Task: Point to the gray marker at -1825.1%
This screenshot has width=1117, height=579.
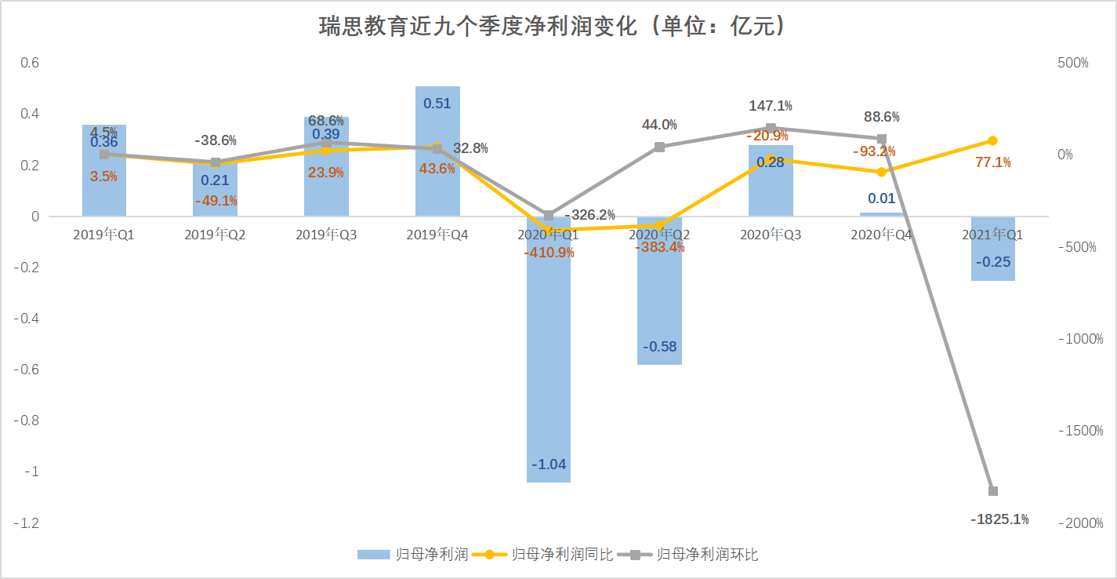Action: coord(992,491)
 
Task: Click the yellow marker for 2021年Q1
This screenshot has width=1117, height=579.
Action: coord(992,140)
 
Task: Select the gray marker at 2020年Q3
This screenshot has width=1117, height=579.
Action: coord(771,128)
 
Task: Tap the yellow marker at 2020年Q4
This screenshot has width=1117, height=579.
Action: coord(882,172)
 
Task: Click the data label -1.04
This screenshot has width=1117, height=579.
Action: coord(548,464)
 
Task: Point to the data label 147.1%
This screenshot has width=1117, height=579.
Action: coord(770,105)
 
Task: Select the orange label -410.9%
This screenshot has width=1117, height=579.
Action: coord(548,253)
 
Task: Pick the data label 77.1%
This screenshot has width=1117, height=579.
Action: coord(992,162)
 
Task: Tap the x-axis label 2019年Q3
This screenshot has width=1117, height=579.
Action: coord(326,235)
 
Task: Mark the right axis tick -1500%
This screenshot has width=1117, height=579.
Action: coord(1080,432)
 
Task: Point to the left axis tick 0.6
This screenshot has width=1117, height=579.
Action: coord(29,63)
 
